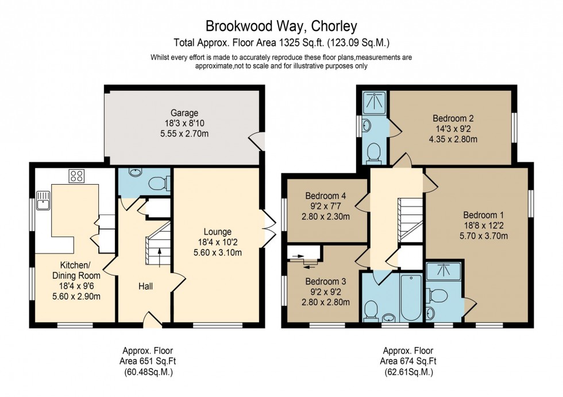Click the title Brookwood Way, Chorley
[281, 26]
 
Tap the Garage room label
[184, 113]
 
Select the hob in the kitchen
[76, 176]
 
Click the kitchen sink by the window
[43, 202]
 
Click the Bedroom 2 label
[453, 119]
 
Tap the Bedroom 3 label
[325, 282]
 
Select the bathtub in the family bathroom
[411, 298]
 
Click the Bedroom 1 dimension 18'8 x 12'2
[483, 225]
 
